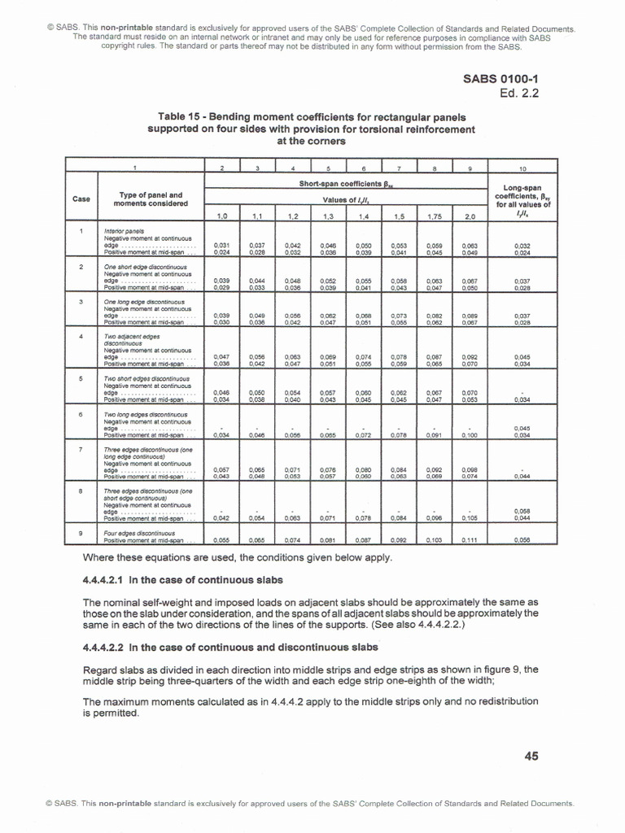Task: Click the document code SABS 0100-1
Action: (x=500, y=79)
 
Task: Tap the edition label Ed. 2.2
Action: (x=519, y=93)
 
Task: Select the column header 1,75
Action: (x=435, y=216)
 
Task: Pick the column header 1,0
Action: (x=221, y=216)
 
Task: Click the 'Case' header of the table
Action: (x=81, y=198)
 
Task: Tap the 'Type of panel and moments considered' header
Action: (x=151, y=198)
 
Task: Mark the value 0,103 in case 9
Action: (x=435, y=539)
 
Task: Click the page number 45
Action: (x=531, y=756)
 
